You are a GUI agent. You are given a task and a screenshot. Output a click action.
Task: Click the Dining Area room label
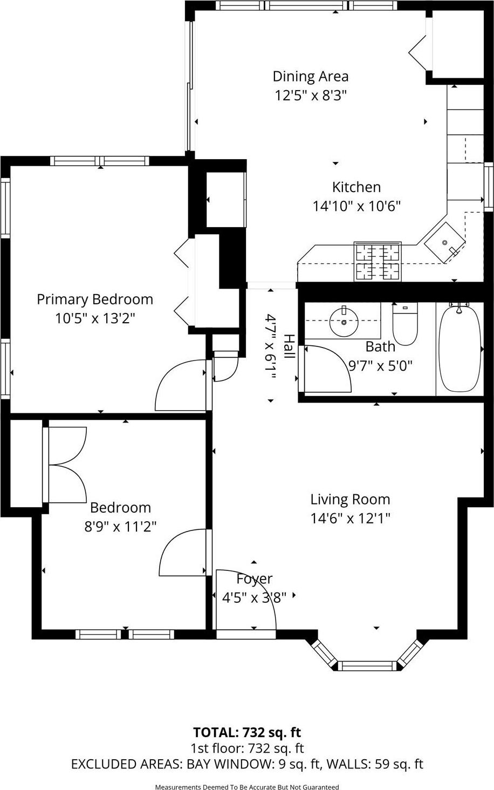(310, 76)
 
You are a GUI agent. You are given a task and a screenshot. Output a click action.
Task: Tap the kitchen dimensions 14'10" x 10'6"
(356, 206)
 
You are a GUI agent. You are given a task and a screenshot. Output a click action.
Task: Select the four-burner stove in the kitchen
(377, 262)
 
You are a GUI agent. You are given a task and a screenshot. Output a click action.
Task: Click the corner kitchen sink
(444, 243)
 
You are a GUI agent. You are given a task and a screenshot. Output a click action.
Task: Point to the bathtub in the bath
(459, 348)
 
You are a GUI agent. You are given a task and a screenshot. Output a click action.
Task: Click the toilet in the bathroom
(404, 325)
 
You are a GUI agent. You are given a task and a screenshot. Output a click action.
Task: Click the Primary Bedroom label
(95, 299)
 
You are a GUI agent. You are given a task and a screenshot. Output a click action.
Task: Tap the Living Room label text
(350, 499)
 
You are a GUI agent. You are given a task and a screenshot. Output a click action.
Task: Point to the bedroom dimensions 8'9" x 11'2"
(120, 526)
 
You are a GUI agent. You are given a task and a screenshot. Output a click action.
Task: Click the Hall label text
(290, 346)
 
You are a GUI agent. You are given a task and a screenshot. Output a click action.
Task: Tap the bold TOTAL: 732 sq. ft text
(247, 732)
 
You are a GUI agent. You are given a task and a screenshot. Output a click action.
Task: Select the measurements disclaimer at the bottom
(247, 787)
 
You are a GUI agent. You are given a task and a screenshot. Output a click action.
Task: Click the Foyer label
(254, 579)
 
